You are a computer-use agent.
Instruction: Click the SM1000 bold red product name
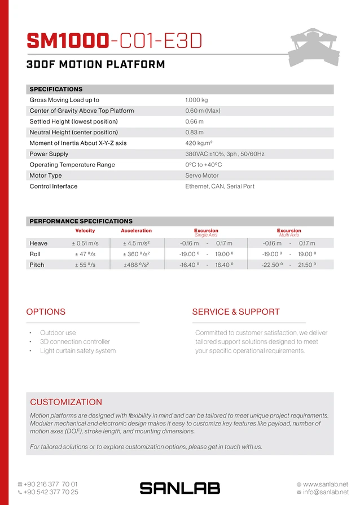pyautogui.click(x=68, y=41)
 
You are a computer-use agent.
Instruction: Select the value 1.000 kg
pyautogui.click(x=196, y=100)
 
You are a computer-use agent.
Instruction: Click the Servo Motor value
pyautogui.click(x=201, y=175)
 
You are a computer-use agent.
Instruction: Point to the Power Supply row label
pyautogui.click(x=49, y=154)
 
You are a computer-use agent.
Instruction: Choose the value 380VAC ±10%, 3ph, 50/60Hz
pyautogui.click(x=225, y=154)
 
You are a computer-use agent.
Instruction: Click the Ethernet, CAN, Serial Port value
pyautogui.click(x=219, y=186)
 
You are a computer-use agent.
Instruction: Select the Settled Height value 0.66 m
pyautogui.click(x=194, y=121)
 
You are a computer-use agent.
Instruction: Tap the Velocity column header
pyautogui.click(x=85, y=231)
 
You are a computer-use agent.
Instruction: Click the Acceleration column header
pyautogui.click(x=136, y=231)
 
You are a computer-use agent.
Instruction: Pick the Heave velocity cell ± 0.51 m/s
pyautogui.click(x=85, y=243)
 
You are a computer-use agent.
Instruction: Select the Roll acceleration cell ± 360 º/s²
pyautogui.click(x=136, y=254)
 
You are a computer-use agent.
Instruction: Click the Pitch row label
pyautogui.click(x=37, y=265)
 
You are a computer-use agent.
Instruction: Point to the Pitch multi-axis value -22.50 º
pyautogui.click(x=271, y=265)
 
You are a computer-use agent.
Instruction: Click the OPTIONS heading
pyautogui.click(x=46, y=311)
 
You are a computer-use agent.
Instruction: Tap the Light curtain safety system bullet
pyautogui.click(x=78, y=351)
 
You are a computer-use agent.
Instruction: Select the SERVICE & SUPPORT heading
pyautogui.click(x=236, y=311)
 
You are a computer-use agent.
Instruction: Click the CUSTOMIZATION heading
pyautogui.click(x=66, y=402)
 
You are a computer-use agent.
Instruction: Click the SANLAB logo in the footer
pyautogui.click(x=179, y=488)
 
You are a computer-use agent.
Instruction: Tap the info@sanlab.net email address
pyautogui.click(x=326, y=492)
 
